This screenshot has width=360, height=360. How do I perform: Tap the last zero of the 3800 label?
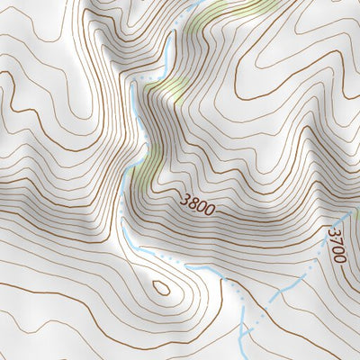pos(211,211)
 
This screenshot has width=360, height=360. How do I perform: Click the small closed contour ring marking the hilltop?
pos(162,288)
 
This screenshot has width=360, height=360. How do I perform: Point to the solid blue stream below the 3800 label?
pos(207,270)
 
